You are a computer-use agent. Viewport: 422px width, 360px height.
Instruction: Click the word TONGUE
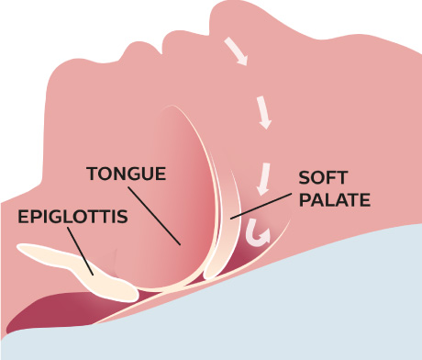point(125,173)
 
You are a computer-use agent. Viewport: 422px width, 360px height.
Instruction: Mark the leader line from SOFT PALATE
point(266,205)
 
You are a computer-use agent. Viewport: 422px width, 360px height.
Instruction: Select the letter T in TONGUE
point(92,173)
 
